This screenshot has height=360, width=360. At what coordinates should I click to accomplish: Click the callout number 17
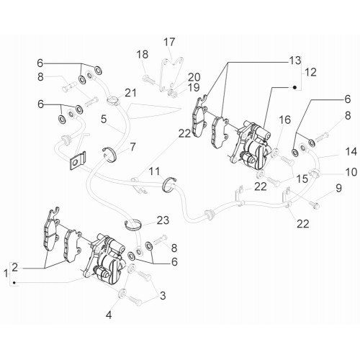click(169, 42)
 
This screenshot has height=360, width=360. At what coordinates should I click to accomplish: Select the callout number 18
click(143, 55)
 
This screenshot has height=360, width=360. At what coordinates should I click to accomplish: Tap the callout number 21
click(130, 93)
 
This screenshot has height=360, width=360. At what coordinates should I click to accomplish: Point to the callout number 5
click(104, 119)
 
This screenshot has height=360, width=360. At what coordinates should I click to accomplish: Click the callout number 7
click(132, 147)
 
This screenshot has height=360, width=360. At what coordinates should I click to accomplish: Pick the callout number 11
click(154, 171)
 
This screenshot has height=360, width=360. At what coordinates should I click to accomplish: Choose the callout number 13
click(295, 60)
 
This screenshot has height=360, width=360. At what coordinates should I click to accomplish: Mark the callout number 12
click(310, 72)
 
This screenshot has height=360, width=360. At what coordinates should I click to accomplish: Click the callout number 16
click(285, 120)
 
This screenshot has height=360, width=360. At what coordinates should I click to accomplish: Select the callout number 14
click(351, 152)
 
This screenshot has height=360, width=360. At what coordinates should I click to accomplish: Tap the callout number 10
click(351, 172)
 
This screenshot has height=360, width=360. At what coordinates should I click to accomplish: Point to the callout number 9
click(338, 189)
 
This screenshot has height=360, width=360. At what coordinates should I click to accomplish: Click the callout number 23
click(163, 220)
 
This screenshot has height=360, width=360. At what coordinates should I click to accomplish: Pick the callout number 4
click(109, 315)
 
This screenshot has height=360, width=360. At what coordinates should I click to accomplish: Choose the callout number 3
click(163, 295)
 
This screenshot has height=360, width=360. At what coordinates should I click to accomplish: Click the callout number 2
click(15, 267)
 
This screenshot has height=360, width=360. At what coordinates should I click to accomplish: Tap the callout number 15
click(302, 179)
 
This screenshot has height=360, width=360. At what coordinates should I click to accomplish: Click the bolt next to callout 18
click(149, 79)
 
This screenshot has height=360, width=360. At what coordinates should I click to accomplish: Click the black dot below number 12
click(295, 87)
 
